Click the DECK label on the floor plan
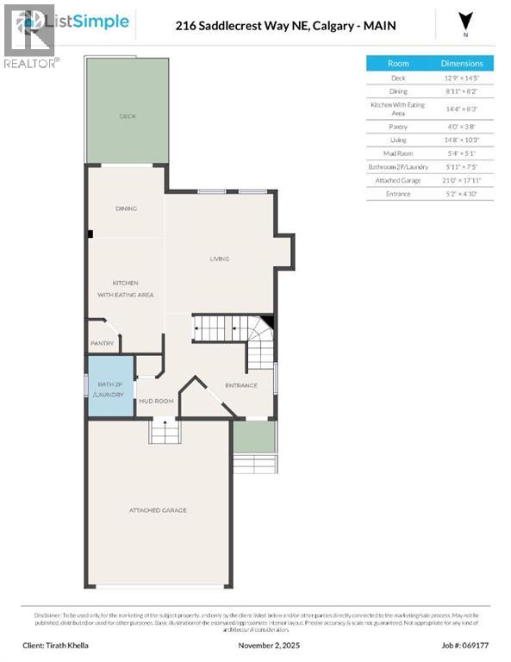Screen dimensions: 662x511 (x=127, y=116)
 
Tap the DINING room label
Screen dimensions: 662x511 (x=127, y=209)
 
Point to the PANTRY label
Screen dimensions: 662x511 (x=103, y=343)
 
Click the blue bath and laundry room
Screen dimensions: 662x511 (x=111, y=386)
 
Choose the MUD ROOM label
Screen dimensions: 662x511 (x=157, y=401)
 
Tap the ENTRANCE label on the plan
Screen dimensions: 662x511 (x=240, y=385)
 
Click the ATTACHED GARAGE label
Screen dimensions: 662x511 (x=158, y=510)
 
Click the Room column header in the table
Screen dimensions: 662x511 (x=398, y=63)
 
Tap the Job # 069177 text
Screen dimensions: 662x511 (x=467, y=645)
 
